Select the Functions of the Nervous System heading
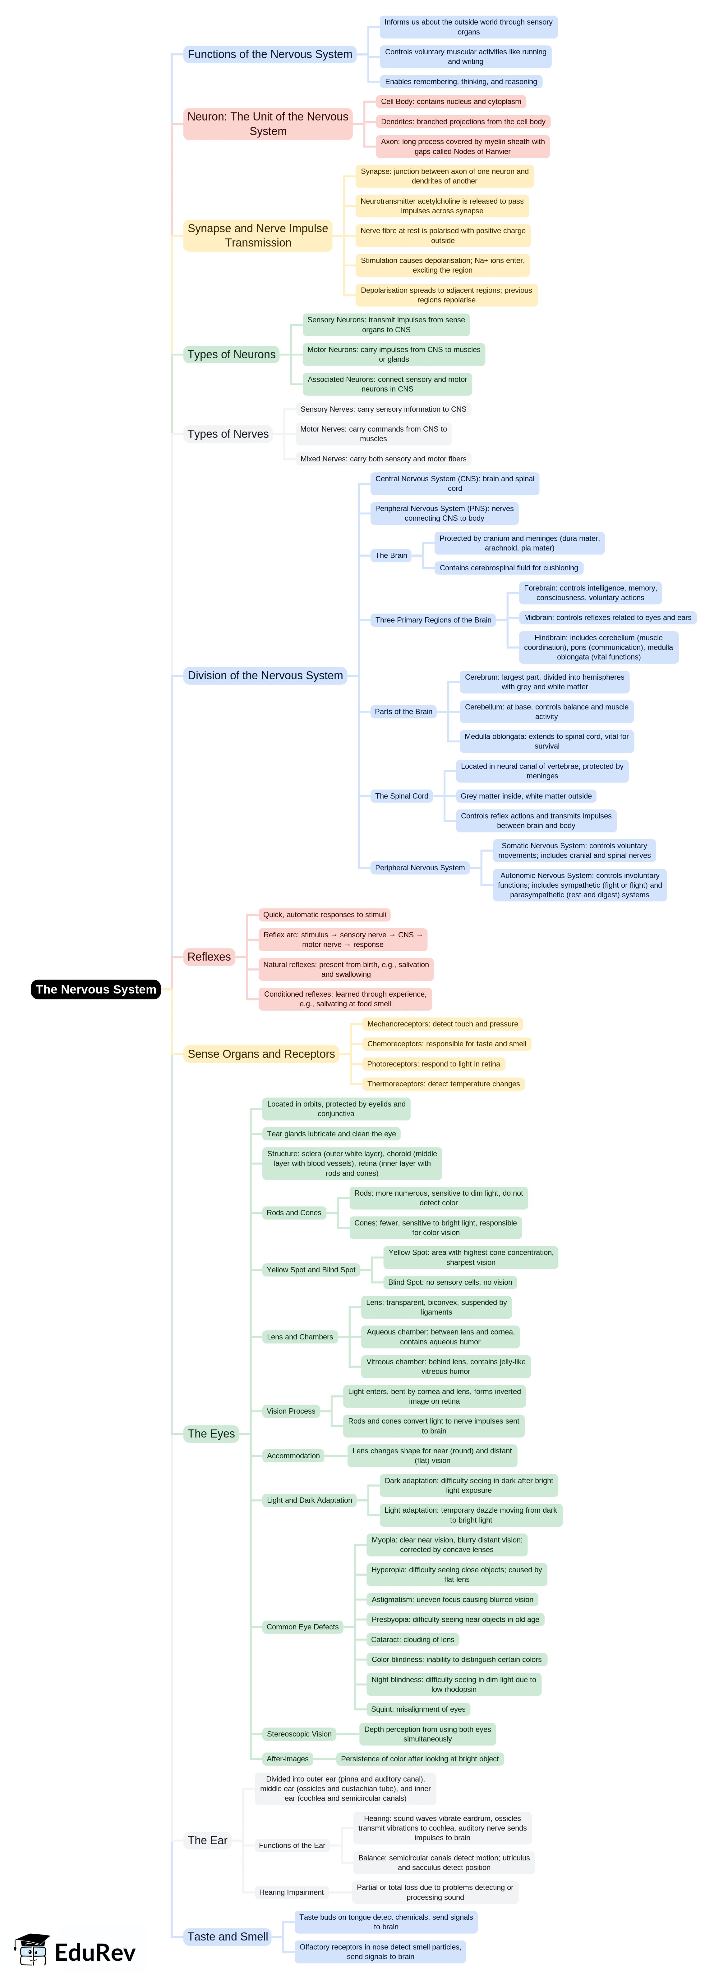coord(270,55)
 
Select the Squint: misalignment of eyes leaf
coord(418,1709)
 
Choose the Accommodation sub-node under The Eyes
coord(293,1456)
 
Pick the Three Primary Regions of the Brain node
coord(433,620)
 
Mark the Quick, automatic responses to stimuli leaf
coord(325,915)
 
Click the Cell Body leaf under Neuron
coord(450,102)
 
